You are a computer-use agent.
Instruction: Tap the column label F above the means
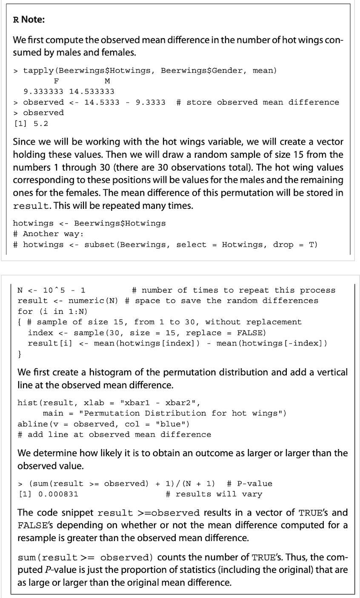click(x=56, y=81)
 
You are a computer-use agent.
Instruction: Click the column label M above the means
click(x=107, y=81)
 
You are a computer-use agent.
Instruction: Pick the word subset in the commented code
click(x=100, y=244)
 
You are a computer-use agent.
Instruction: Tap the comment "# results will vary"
click(x=214, y=494)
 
